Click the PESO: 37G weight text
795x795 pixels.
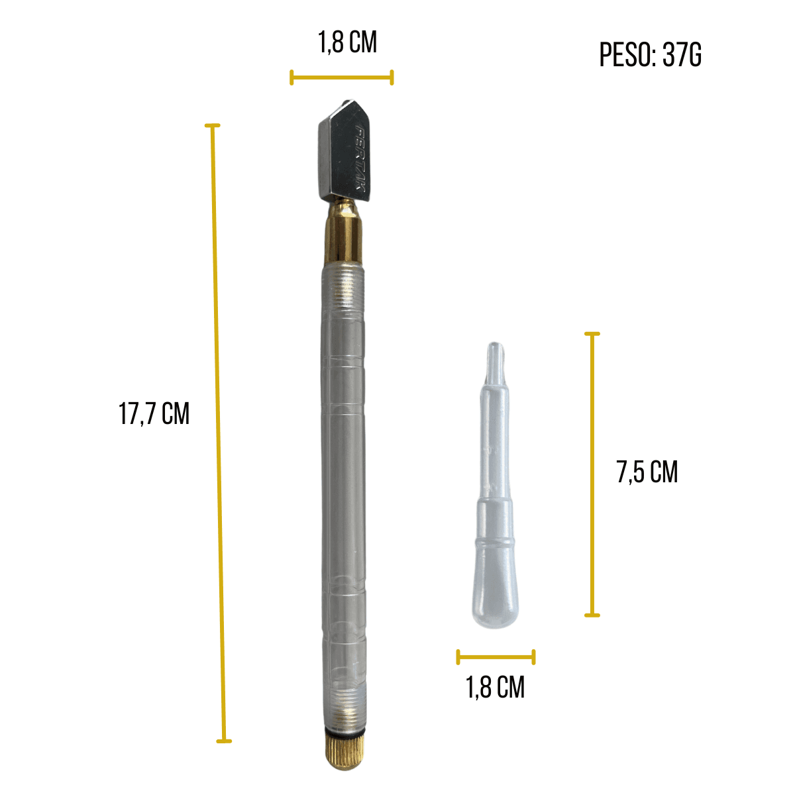(x=650, y=55)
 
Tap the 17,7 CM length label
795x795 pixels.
(x=154, y=414)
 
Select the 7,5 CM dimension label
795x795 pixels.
(x=647, y=472)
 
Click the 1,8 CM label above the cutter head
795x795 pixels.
(x=347, y=42)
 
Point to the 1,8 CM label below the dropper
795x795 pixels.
(x=495, y=687)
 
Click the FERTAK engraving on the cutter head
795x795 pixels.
(x=358, y=158)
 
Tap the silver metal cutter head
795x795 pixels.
(x=344, y=151)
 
